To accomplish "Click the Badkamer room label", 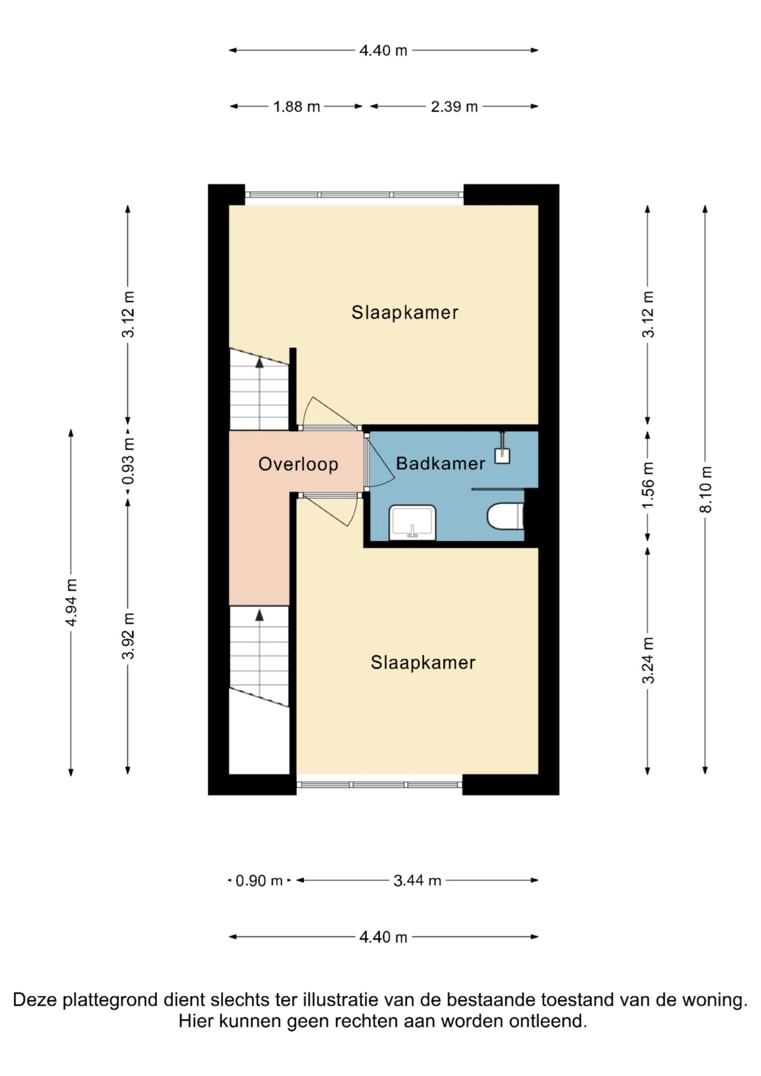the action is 440,464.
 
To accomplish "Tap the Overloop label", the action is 298,464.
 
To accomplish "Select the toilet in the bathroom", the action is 505,517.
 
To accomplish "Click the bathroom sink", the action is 412,522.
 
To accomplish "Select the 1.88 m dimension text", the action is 296,107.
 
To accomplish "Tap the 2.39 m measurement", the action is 454,107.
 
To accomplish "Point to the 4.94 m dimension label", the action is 71,602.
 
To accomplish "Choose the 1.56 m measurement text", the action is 648,485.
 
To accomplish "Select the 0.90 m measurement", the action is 259,881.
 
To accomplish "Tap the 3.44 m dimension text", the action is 417,881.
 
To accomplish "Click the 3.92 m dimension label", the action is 128,636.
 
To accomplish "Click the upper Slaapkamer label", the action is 404,313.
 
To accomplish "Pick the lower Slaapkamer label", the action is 423,663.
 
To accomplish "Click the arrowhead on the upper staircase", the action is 259,362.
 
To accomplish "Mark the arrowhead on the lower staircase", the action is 259,615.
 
